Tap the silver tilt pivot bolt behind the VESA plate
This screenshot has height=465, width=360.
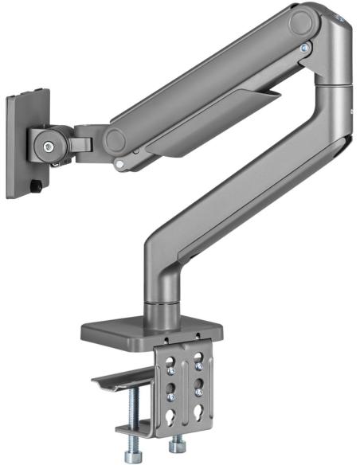tap(50, 147)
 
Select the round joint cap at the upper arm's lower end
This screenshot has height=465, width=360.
tap(117, 141)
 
